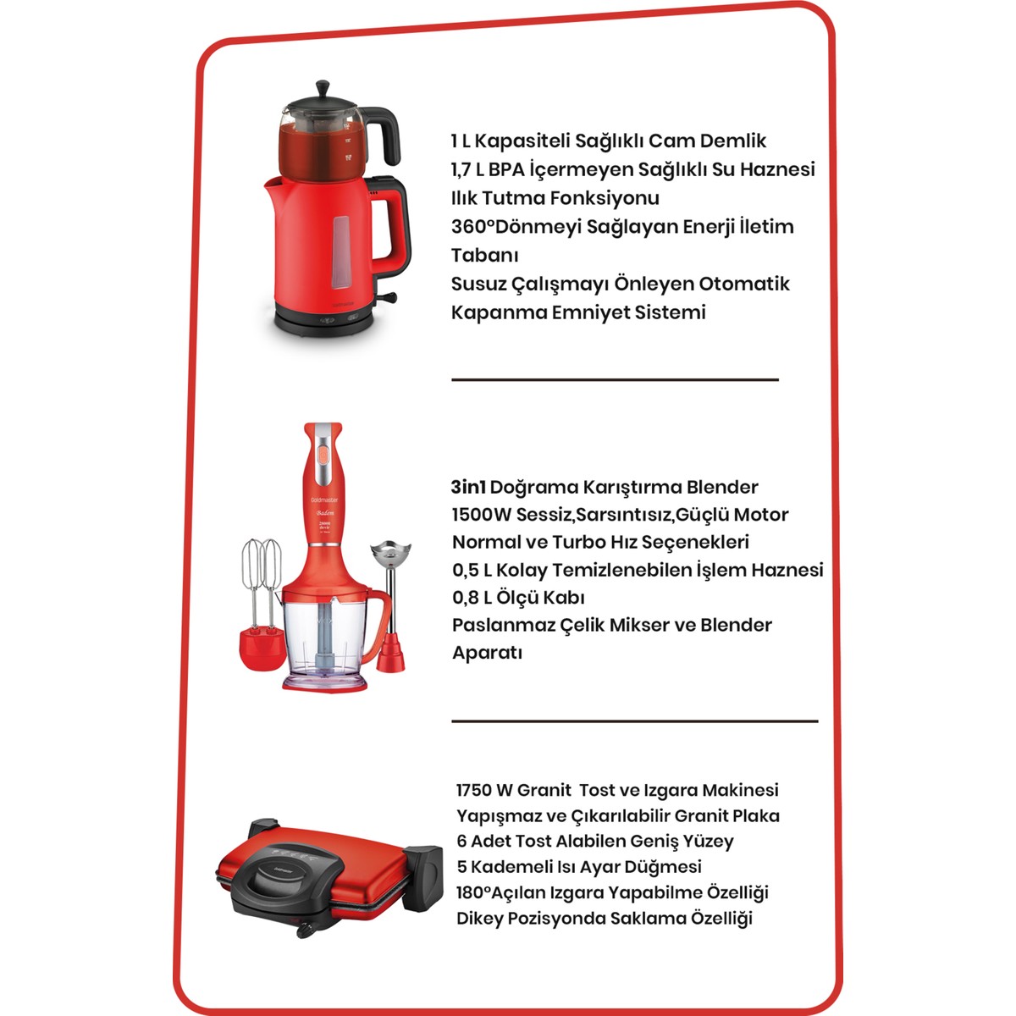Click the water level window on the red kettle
[340, 252]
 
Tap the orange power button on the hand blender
[322, 454]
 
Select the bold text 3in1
[468, 487]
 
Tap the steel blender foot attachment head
[390, 552]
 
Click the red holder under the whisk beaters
[262, 648]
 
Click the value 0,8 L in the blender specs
[470, 598]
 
